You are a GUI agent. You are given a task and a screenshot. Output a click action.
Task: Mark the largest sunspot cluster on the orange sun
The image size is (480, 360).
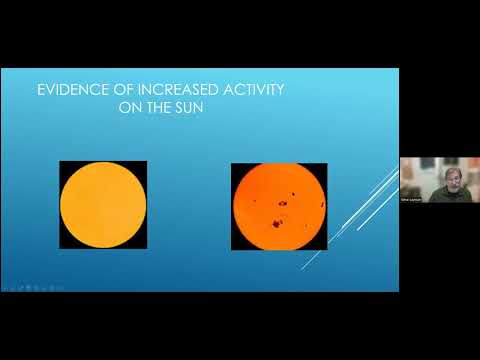(283, 204)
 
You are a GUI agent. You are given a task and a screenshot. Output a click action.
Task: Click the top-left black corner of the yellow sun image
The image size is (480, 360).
(64, 165)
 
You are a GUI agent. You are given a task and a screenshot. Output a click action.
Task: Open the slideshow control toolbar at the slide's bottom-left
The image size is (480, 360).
(20, 286)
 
